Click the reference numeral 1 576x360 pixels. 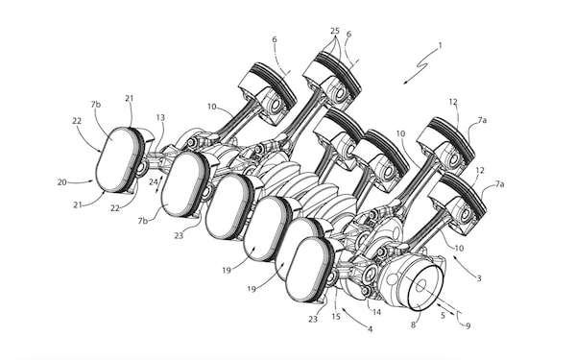point(440,45)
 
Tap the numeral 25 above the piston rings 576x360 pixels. point(333,31)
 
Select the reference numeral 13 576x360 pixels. point(160,117)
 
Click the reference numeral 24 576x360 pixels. point(155,181)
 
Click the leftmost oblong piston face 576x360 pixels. point(117,161)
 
